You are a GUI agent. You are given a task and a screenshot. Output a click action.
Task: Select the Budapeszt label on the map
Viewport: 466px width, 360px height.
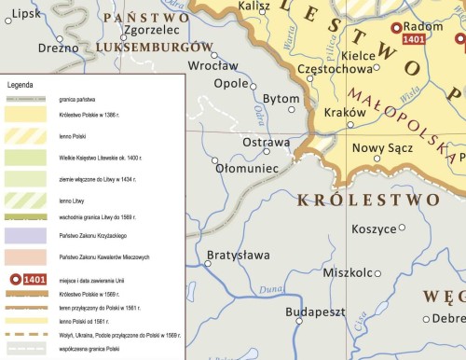[x=316, y=312]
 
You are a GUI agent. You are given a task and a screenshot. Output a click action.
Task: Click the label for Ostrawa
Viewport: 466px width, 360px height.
[x=267, y=142]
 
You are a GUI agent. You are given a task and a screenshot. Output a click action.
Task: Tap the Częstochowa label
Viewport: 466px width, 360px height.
[x=334, y=69]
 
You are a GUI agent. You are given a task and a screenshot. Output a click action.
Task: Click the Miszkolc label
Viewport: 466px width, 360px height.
[x=347, y=272]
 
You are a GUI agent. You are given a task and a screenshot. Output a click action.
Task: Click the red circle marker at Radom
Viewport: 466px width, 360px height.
[x=396, y=28]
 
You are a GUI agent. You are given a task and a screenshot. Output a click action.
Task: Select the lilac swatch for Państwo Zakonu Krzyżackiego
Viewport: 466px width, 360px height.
[x=26, y=236]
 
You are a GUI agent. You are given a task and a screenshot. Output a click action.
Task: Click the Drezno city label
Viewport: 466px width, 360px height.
[x=59, y=48]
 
